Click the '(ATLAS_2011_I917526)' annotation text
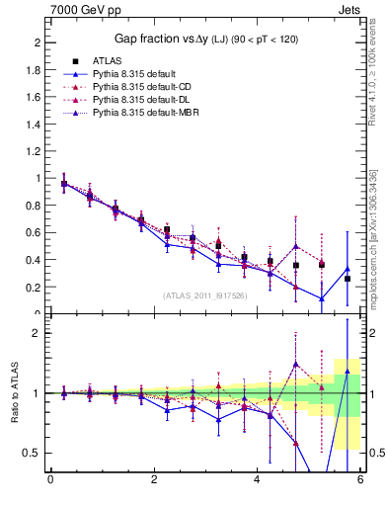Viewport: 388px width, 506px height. (206, 295)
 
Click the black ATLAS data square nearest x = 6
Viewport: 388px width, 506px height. (347, 279)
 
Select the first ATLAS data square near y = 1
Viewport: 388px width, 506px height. (64, 184)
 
